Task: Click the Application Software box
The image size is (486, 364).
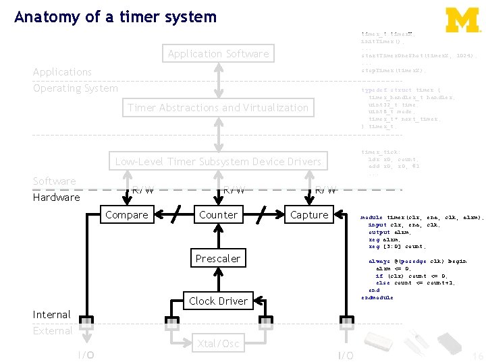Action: tap(218, 54)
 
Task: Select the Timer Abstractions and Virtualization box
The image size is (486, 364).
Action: tap(218, 108)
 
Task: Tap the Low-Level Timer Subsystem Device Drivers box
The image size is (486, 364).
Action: tap(218, 162)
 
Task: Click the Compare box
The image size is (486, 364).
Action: tap(127, 215)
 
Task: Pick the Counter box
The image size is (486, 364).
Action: tap(218, 215)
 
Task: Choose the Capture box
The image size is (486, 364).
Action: tap(309, 215)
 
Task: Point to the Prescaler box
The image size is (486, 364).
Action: tap(218, 259)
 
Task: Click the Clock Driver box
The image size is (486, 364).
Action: tap(218, 301)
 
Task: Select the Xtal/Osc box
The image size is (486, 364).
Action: tap(218, 344)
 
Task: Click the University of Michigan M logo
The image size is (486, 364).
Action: tap(462, 20)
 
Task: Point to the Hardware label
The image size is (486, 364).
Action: tap(56, 198)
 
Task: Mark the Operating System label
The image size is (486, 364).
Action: tap(75, 88)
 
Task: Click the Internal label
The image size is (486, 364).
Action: tap(51, 315)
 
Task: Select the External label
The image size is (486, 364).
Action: tap(53, 331)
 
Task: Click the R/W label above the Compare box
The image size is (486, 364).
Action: tap(142, 189)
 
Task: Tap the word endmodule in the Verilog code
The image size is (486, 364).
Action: tap(377, 297)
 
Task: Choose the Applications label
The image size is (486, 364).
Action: tap(62, 72)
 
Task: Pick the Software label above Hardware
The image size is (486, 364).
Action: tap(54, 181)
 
